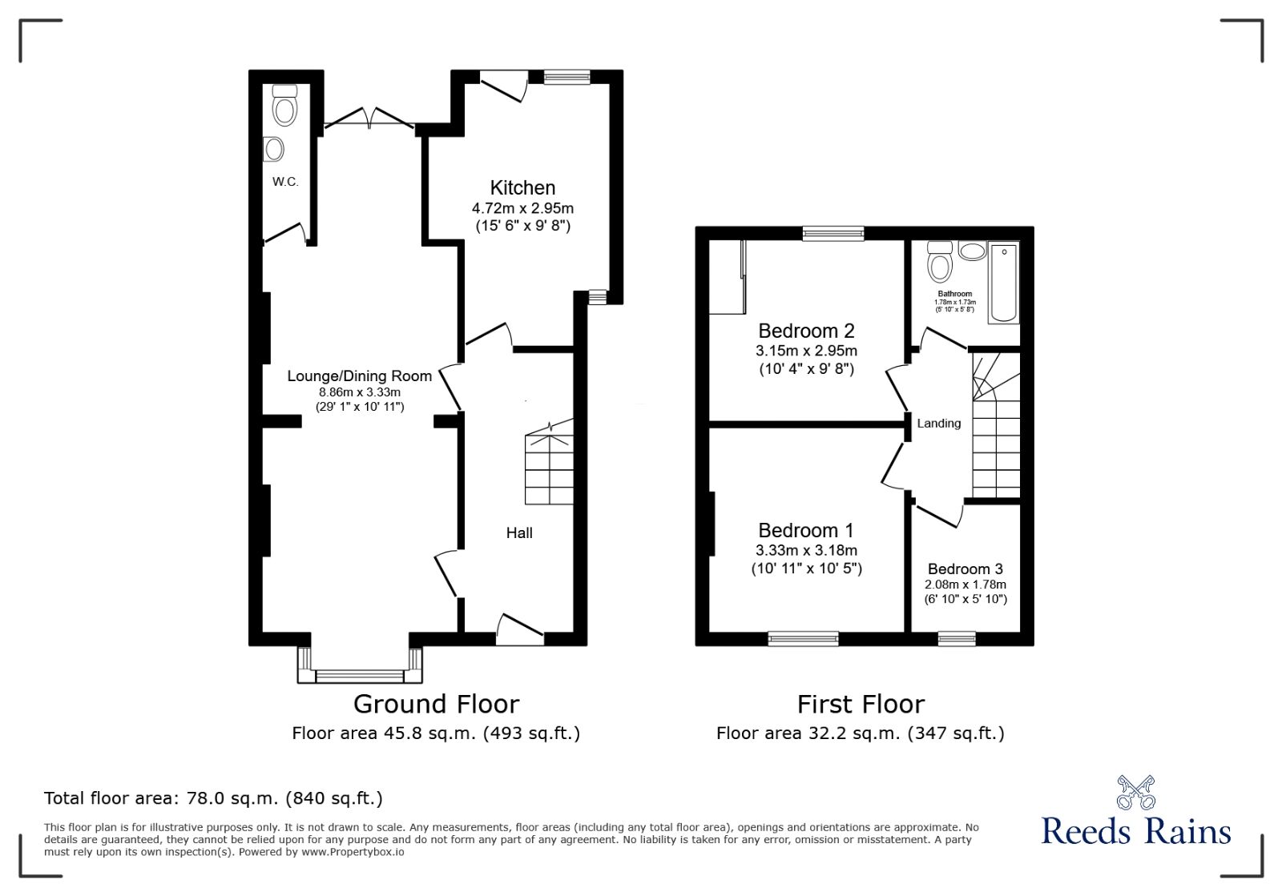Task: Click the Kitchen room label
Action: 522,187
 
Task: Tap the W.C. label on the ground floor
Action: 285,182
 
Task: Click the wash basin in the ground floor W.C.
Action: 274,149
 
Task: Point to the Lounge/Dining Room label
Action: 360,376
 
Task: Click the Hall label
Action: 519,533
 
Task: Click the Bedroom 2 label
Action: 806,331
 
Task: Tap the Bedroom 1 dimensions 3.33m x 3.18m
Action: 806,551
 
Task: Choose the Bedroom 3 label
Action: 966,569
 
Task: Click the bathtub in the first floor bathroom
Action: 1003,283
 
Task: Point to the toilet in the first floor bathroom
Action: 940,263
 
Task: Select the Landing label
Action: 939,424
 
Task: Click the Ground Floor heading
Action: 436,705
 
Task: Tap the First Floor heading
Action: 861,705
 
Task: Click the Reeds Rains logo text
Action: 1136,831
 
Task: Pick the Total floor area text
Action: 213,798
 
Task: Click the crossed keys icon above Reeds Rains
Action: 1136,792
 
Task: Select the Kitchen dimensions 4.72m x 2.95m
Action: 522,208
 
